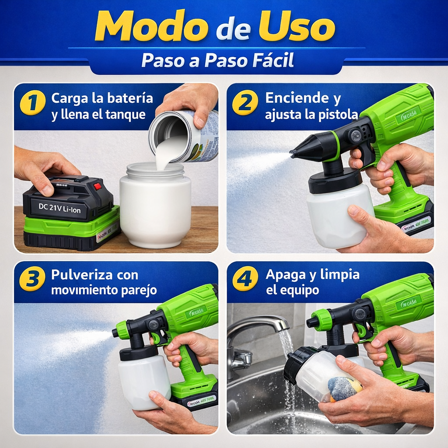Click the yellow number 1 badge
(x=33, y=102)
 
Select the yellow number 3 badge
(x=33, y=279)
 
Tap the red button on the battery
(x=97, y=186)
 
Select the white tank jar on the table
(x=155, y=206)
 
